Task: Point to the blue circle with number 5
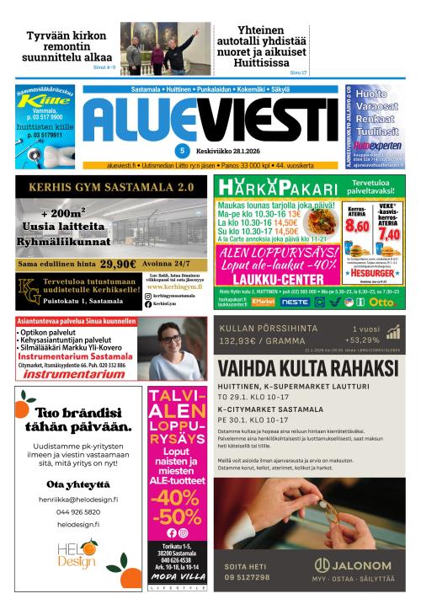point(182,151)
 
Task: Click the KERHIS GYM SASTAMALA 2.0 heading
point(109,187)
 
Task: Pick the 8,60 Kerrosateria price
point(358,226)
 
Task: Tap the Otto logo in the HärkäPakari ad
point(383,301)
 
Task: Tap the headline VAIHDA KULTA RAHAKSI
point(307,369)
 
